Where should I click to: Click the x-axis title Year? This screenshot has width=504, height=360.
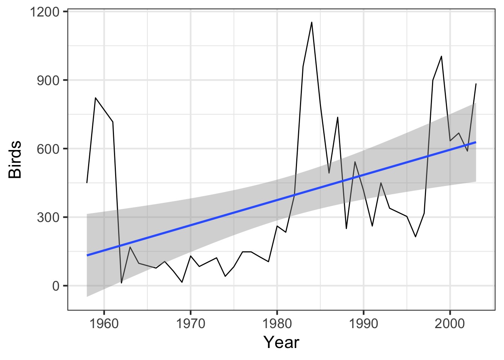point(281,342)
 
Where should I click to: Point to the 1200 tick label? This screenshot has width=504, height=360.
point(44,12)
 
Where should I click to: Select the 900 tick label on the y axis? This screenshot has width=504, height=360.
point(48,80)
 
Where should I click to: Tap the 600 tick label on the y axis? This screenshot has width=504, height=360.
point(48,149)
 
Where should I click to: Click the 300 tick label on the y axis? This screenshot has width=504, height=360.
point(48,217)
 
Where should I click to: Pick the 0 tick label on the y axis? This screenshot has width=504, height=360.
point(55,286)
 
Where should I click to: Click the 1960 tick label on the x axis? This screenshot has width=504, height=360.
point(104,323)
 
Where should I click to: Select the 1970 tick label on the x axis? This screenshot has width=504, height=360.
point(190,323)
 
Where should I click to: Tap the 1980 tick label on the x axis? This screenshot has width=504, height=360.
point(277,323)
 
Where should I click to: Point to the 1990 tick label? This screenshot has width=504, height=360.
point(363,323)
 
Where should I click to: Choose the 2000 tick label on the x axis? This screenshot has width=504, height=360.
point(450,323)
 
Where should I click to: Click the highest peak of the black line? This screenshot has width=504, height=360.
point(312,22)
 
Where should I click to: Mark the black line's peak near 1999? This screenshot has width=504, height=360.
point(441,56)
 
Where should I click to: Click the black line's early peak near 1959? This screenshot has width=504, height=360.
point(96,98)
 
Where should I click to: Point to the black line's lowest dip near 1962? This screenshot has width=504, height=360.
point(121,283)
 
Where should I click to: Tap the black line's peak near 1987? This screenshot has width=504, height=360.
point(337,117)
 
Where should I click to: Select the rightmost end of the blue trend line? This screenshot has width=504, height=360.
point(476,142)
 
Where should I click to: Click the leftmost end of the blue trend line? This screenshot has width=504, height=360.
point(87,255)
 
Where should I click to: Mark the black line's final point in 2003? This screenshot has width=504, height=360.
point(476,84)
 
